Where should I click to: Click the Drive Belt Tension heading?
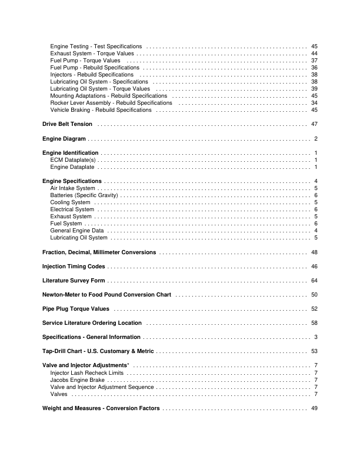click(68, 124)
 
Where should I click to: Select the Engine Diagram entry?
click(64, 139)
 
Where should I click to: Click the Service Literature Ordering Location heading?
click(92, 323)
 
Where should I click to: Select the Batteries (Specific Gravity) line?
click(84, 195)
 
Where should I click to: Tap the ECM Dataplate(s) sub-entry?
click(73, 160)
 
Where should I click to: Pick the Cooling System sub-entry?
click(70, 202)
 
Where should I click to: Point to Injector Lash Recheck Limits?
click(86, 373)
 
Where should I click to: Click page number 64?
click(314, 281)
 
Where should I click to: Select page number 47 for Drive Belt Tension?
click(314, 124)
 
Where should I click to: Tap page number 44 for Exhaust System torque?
click(314, 54)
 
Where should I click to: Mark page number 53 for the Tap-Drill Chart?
click(314, 351)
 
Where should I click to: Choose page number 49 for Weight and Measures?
click(314, 408)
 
